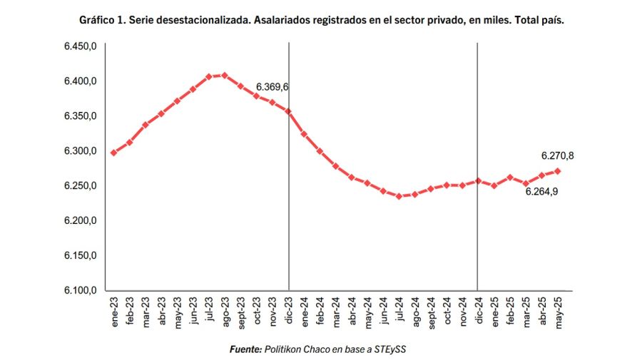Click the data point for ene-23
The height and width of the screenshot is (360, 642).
(x=113, y=153)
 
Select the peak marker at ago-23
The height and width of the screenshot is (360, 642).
(x=225, y=76)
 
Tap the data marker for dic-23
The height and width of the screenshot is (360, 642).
(x=288, y=111)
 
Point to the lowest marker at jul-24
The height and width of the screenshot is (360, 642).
(x=399, y=195)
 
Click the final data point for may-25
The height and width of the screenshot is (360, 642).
(x=557, y=171)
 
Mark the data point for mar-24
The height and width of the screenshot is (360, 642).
(x=335, y=166)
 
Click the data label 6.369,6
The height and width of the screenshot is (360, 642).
(x=272, y=87)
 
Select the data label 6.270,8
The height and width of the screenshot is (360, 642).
(x=557, y=155)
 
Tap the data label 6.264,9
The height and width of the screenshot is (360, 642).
(x=541, y=192)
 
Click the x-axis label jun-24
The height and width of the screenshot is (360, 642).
(x=383, y=311)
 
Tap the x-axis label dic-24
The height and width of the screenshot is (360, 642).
(x=478, y=311)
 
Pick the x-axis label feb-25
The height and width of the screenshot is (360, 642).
(x=510, y=311)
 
